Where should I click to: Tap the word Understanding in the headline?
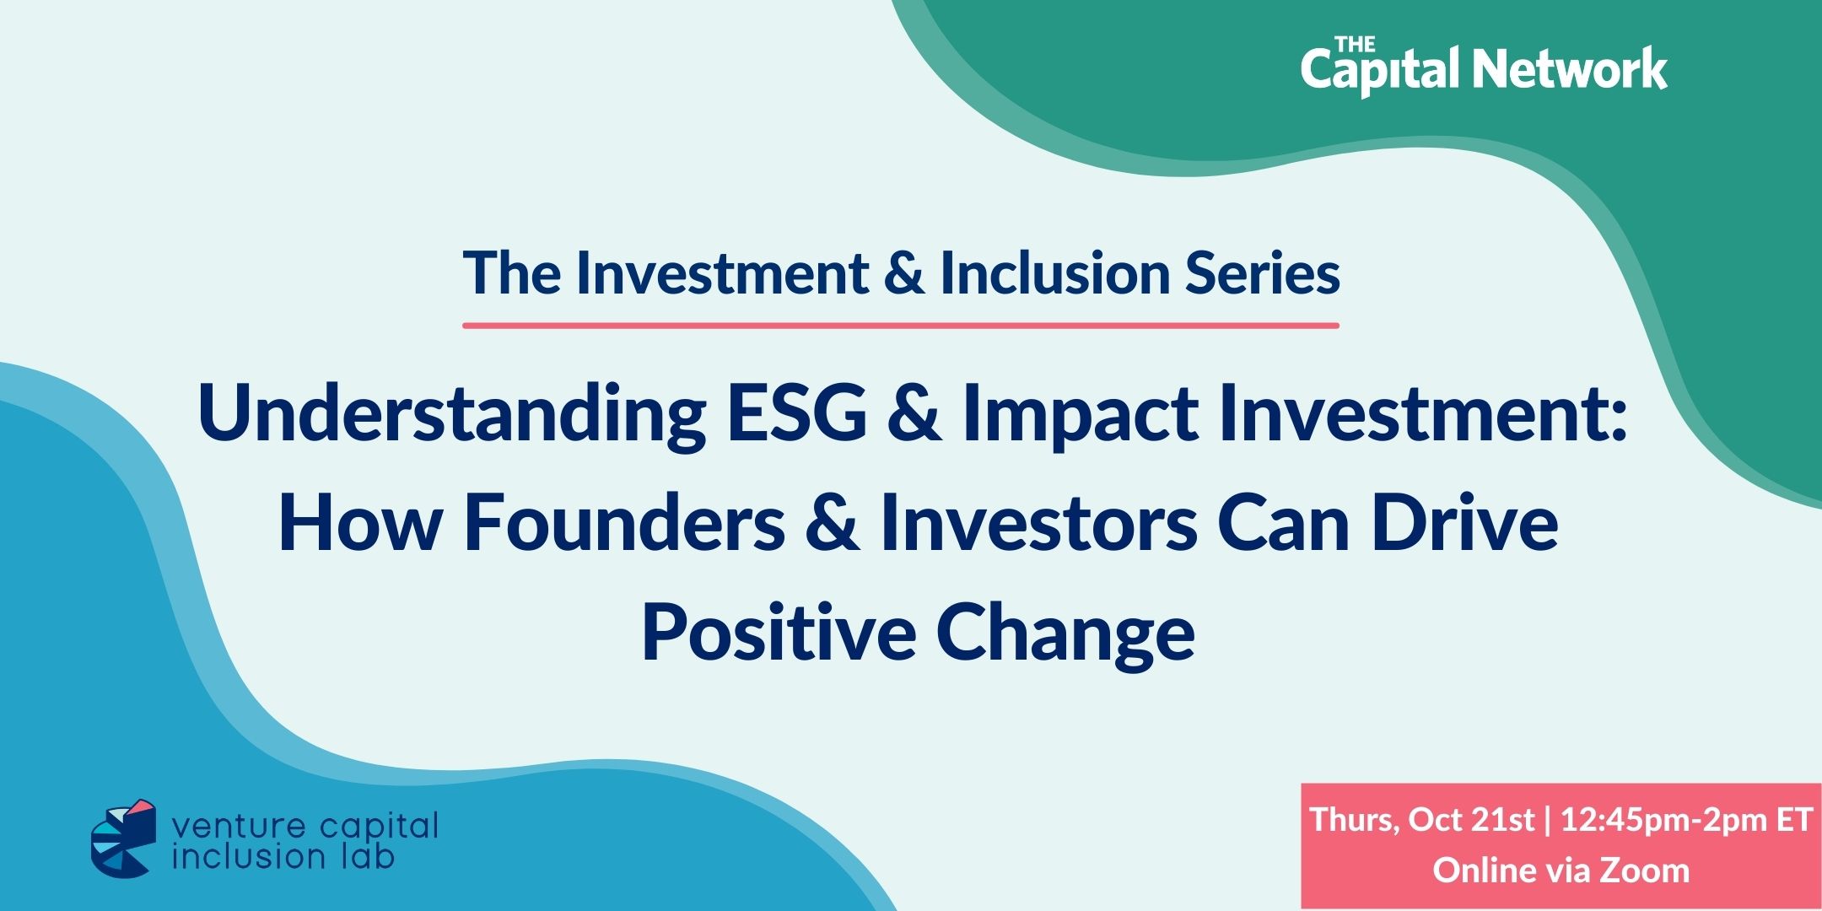pyautogui.click(x=452, y=413)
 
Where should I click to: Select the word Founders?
pyautogui.click(x=625, y=524)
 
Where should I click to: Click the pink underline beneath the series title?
pyautogui.click(x=901, y=325)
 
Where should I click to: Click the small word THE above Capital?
pyautogui.click(x=1355, y=43)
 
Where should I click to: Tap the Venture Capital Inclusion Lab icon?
pyautogui.click(x=124, y=838)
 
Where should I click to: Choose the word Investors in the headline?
pyautogui.click(x=1038, y=524)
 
